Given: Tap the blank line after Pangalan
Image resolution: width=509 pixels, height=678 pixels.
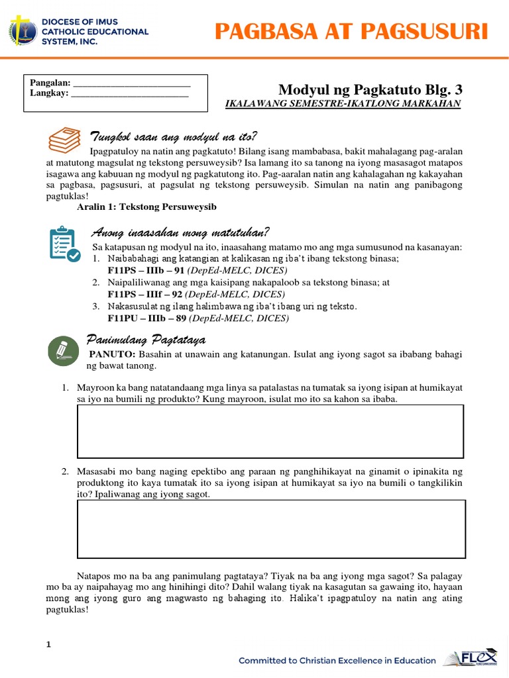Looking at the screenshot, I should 131,83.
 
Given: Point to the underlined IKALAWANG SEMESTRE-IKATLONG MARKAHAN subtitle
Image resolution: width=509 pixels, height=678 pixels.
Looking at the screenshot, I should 343,104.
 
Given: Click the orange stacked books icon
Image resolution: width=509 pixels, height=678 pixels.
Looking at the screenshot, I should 65,140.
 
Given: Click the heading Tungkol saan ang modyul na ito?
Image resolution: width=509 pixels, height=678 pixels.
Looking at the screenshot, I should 173,136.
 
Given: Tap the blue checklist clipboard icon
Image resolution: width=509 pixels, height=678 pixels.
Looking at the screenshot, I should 65,244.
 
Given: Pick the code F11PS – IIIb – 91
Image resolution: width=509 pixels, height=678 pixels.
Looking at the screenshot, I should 146,271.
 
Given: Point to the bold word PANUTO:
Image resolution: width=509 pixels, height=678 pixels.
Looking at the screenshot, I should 113,354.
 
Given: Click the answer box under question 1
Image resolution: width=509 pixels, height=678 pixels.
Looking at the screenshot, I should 270,431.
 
